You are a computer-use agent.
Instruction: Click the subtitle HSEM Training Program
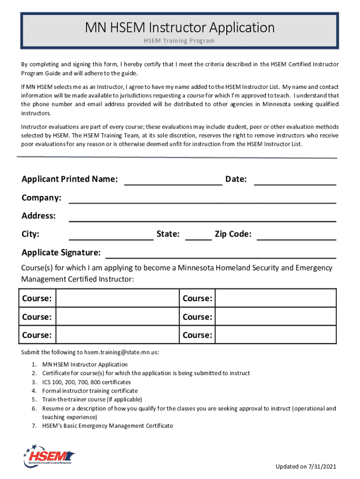(180, 41)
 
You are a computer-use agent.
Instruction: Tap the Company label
(42, 198)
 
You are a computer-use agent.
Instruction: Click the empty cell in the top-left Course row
(117, 298)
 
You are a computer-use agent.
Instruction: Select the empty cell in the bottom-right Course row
(275, 335)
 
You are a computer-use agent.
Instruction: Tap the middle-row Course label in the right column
(197, 317)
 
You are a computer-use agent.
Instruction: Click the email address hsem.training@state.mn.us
(121, 352)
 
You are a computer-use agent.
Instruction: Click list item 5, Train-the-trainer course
(92, 399)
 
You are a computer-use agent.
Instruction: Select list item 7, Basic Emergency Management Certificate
(108, 426)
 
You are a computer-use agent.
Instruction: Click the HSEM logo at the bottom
(49, 456)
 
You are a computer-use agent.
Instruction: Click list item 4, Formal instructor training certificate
(90, 391)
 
